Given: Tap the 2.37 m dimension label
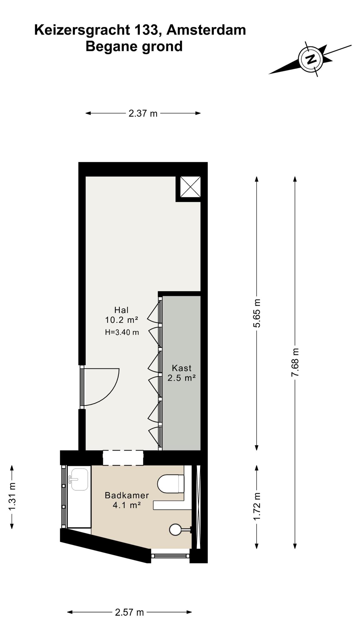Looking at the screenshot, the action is (x=143, y=113).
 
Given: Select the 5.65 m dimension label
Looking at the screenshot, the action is (x=257, y=313).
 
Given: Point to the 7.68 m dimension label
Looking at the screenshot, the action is (x=295, y=362).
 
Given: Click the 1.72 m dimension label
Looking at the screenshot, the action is (x=257, y=507).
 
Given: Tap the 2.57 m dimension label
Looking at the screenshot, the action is (x=129, y=612).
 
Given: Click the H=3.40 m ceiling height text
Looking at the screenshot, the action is (x=122, y=332).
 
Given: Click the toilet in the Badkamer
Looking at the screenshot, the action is (x=171, y=484).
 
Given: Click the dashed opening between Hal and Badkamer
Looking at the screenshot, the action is (x=123, y=458).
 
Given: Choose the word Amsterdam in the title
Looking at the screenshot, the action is (x=206, y=30).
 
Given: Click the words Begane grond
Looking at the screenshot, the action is (x=134, y=47).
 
